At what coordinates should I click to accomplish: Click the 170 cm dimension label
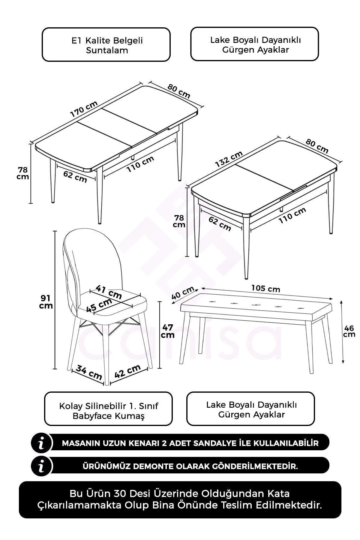[x=84, y=109]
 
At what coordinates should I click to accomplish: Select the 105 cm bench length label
[x=265, y=289]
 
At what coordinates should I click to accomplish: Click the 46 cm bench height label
[x=349, y=331]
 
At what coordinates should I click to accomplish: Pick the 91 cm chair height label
[x=46, y=301]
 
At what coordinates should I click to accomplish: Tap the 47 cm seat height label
[x=167, y=331]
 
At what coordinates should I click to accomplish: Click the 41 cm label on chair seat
[x=109, y=292]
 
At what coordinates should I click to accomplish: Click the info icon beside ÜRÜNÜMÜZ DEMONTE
[x=42, y=466]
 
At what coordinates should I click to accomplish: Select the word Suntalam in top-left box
[x=107, y=50]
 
